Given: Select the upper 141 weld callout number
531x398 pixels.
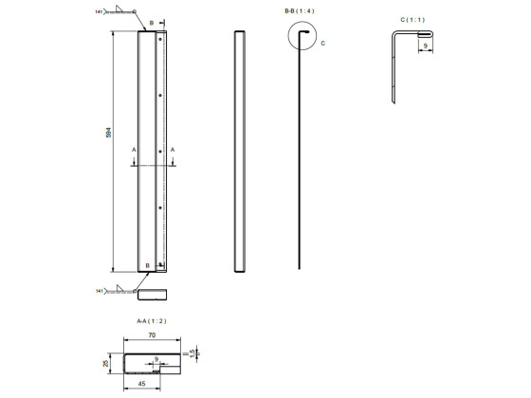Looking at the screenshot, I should [99, 11].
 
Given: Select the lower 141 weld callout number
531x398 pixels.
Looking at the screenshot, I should [99, 291].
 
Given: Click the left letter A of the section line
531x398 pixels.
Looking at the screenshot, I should [134, 150].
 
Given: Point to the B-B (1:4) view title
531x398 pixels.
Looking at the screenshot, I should [299, 10].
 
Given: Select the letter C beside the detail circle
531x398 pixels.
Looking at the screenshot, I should [322, 43].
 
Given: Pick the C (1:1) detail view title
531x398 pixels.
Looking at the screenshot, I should [412, 19].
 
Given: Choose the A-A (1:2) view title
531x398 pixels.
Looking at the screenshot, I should [151, 321].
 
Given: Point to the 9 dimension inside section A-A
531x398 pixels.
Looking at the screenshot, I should [156, 358].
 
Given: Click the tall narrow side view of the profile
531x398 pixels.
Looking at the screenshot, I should [241, 152].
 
